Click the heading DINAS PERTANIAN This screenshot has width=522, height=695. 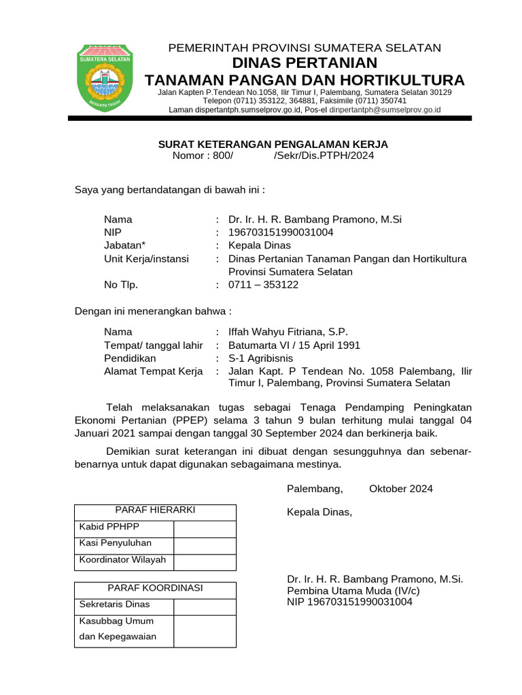point(304,63)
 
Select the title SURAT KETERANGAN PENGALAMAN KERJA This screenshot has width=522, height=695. point(273,144)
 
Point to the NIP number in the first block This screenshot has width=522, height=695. point(281,232)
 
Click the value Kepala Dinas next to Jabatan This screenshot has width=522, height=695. point(260,245)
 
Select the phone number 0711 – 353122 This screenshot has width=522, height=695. point(264,285)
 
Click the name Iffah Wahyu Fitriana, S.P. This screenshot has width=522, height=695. point(288,332)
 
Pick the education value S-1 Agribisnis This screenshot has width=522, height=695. point(261,358)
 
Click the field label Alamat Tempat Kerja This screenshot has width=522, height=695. point(154,371)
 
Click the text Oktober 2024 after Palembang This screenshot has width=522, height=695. point(401,489)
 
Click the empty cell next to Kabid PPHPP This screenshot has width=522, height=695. point(205,529)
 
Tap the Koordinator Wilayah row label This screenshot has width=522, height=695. point(123,561)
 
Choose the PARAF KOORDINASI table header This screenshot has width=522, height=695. point(155,588)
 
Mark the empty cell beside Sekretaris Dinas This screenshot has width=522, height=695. point(205,605)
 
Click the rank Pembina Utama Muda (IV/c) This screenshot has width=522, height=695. point(353,591)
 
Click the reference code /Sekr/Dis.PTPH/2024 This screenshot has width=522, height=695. point(324,156)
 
